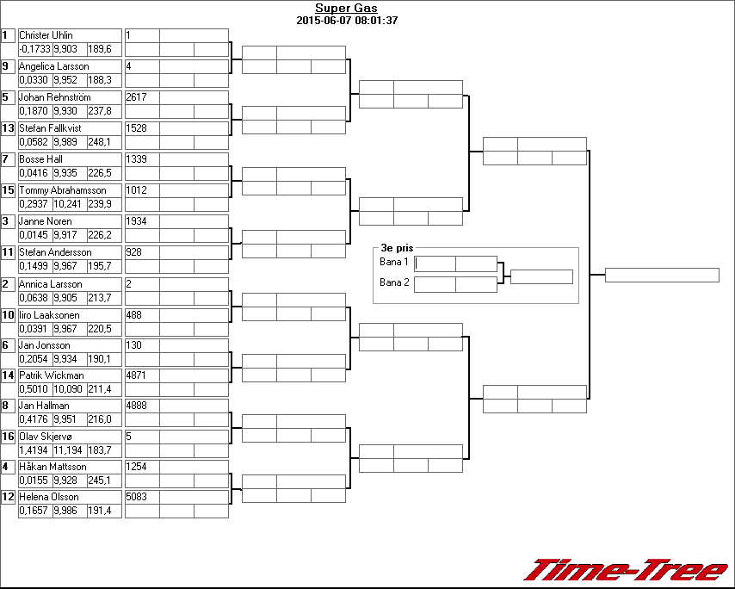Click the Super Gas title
[x=346, y=8]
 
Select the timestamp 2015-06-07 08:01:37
[x=347, y=21]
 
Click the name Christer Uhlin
[x=46, y=35]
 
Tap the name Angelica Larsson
[x=54, y=66]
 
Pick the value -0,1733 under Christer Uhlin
[x=35, y=49]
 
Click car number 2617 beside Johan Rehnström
[x=136, y=97]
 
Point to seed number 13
[x=8, y=128]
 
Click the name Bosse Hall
[x=40, y=159]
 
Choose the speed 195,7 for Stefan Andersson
[x=100, y=266]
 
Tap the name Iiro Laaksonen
[x=49, y=315]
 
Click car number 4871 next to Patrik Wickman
[x=136, y=375]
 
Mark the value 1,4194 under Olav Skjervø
[x=34, y=450]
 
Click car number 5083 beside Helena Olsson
[x=136, y=497]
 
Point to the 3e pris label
[x=397, y=248]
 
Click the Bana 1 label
[x=394, y=262]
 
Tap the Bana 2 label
[x=394, y=282]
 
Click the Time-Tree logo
[x=626, y=570]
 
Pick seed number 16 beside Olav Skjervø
[x=8, y=437]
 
